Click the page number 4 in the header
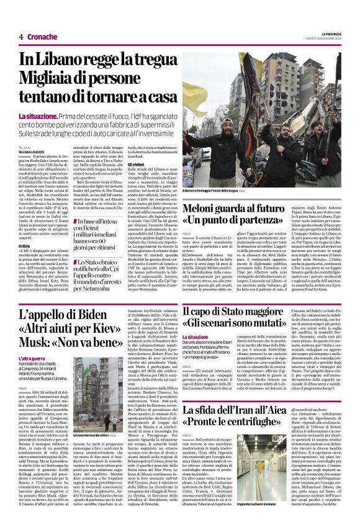[x=21, y=37]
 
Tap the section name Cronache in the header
[x=43, y=37]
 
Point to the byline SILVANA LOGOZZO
[x=32, y=150]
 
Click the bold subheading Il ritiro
[x=25, y=246]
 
